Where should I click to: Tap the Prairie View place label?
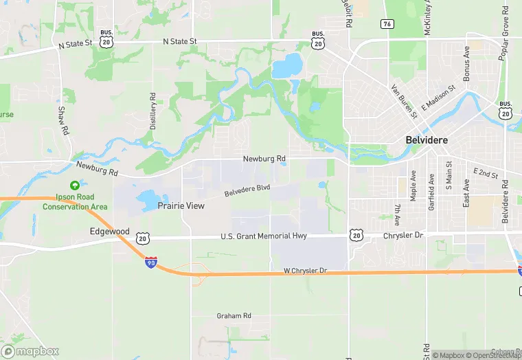(181, 205)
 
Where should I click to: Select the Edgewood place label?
(109, 232)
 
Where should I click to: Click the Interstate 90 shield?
(150, 262)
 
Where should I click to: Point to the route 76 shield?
(387, 24)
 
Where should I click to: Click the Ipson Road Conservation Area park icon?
(73, 185)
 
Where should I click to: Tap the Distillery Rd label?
(153, 112)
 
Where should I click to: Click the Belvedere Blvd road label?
(247, 190)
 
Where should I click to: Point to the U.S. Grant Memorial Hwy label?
(263, 236)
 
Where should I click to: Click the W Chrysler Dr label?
(306, 271)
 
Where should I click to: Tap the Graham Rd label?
(234, 316)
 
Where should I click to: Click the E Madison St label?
(438, 98)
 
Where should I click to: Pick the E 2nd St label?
(485, 173)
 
